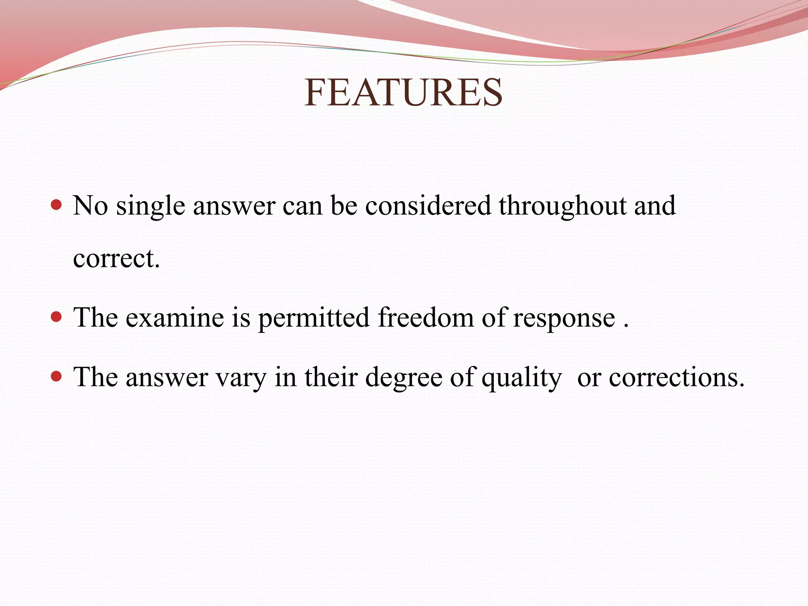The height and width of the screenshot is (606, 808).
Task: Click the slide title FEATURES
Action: point(403,93)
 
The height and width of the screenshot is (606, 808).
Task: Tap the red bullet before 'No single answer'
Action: point(57,205)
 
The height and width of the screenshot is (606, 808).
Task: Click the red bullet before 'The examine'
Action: point(57,316)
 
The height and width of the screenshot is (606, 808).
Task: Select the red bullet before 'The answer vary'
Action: point(57,376)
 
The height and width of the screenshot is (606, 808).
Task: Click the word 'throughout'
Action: point(563,206)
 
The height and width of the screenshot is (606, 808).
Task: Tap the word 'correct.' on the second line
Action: point(116,259)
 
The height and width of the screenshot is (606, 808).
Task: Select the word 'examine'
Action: point(175,318)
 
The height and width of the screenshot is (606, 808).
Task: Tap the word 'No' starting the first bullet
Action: point(90,206)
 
